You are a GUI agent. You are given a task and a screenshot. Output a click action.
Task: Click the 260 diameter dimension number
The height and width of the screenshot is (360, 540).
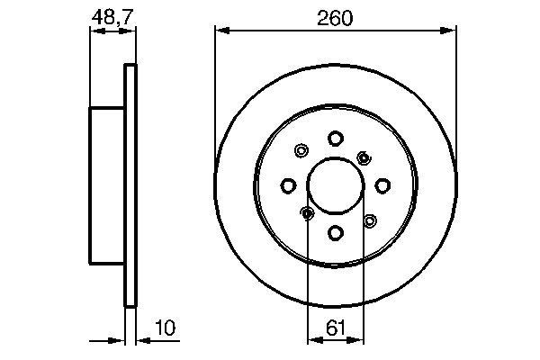(335, 17)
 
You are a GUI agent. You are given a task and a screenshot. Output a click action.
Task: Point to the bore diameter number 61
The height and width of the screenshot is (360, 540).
(334, 328)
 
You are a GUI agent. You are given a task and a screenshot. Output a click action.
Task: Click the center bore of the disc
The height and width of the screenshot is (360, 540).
(335, 185)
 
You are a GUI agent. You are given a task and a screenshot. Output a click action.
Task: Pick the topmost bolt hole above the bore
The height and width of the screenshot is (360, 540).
(335, 138)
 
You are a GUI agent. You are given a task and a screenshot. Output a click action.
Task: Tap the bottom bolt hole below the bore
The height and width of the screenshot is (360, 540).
(335, 233)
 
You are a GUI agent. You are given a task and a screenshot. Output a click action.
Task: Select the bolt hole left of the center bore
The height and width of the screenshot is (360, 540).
(288, 185)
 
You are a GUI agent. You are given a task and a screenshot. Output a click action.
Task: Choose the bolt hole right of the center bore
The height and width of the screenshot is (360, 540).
(382, 185)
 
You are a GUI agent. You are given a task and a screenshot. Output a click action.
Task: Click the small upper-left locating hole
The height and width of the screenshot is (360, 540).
(301, 151)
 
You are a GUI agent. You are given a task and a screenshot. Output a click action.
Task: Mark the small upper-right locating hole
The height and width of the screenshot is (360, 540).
(364, 157)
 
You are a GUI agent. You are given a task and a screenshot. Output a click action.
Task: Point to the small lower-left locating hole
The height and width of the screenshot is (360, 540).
(307, 213)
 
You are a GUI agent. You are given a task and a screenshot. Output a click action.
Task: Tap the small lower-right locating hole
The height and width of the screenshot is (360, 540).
(369, 220)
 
